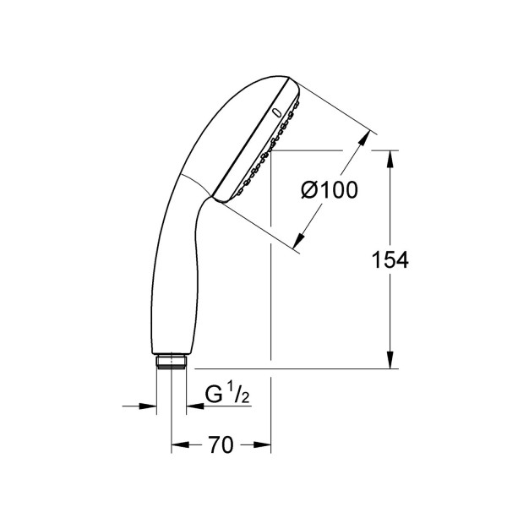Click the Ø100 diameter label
tap(330, 190)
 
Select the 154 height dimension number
tap(390, 259)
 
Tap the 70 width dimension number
tap(221, 444)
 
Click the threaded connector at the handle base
tap(172, 361)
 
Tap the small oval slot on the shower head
tap(277, 112)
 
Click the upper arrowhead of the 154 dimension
tap(390, 159)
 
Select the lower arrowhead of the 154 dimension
tap(390, 360)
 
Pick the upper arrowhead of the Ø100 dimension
tap(364, 138)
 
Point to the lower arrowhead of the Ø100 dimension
tap(299, 241)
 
